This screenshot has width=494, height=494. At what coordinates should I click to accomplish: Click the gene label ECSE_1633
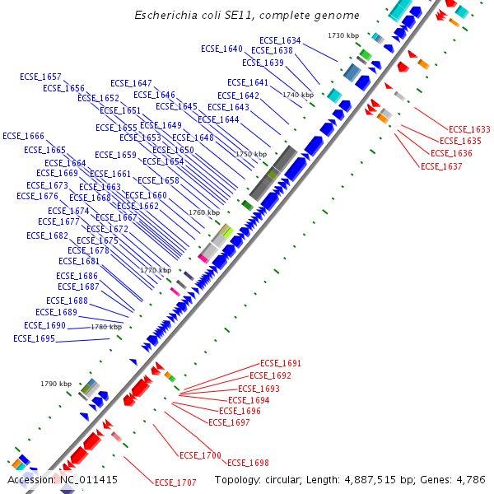(x=469, y=129)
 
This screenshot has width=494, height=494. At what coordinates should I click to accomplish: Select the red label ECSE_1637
(x=441, y=166)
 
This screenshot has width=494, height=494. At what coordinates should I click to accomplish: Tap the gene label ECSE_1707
(x=175, y=482)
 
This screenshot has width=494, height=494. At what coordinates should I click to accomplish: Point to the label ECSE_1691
(x=281, y=363)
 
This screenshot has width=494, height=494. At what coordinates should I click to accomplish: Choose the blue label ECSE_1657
(x=40, y=77)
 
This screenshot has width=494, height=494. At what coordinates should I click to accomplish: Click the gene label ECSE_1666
(x=23, y=136)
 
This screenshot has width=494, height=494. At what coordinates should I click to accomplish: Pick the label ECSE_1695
(x=34, y=338)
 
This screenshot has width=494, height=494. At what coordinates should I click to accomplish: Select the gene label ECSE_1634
(x=280, y=40)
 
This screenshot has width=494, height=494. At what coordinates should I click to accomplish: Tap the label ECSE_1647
(x=131, y=83)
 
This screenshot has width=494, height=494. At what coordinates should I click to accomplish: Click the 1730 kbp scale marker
(x=343, y=35)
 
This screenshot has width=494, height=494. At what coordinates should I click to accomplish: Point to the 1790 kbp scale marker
(x=56, y=384)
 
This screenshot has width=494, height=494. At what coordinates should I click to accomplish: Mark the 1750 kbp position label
(x=251, y=154)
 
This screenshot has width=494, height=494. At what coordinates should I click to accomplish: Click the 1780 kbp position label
(x=106, y=327)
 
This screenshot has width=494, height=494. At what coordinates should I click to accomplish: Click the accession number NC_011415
(x=87, y=479)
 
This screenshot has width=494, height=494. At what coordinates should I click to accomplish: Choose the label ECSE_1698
(x=248, y=463)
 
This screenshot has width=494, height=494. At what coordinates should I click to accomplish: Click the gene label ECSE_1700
(x=200, y=455)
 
